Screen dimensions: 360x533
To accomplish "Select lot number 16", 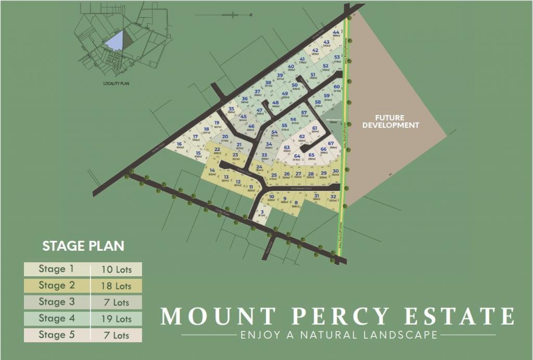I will [180, 146].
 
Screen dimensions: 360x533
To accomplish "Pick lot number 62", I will [302, 138].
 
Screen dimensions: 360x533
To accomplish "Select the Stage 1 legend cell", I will [56, 269].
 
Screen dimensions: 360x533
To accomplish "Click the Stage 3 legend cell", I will [56, 302].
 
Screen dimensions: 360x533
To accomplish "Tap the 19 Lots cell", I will [116, 318].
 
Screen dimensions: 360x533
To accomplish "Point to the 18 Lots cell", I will [116, 286].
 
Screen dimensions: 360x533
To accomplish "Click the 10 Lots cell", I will [116, 269].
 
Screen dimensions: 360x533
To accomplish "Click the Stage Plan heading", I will [83, 246].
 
